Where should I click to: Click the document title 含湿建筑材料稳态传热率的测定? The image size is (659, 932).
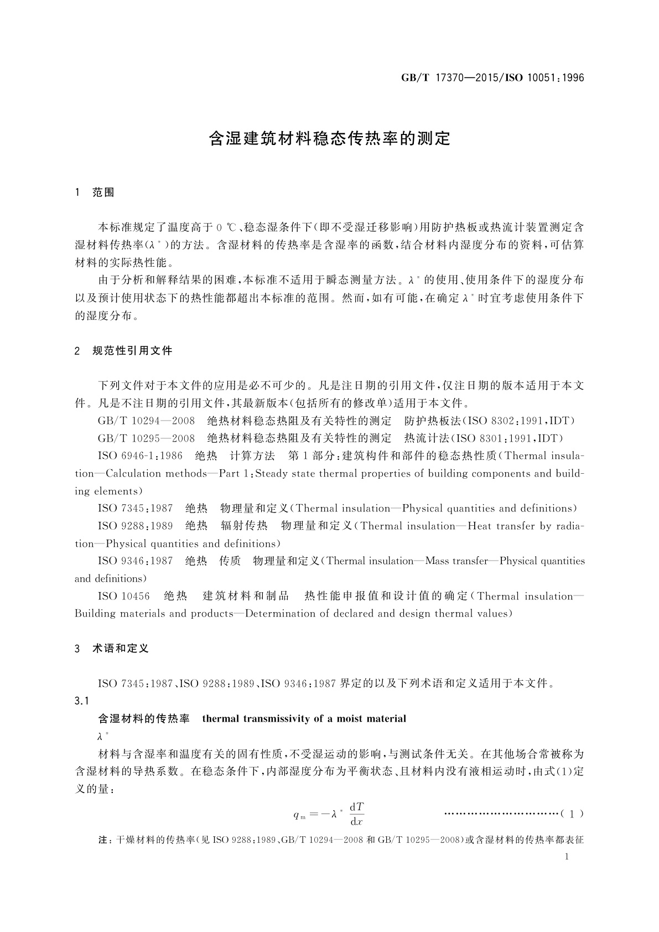[329, 138]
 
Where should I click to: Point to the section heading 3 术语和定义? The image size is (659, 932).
[112, 649]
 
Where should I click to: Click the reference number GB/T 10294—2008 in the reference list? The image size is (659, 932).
[146, 421]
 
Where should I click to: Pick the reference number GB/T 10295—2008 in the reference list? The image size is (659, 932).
[146, 439]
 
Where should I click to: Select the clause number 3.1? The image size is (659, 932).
[82, 701]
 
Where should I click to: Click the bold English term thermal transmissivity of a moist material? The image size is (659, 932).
[304, 719]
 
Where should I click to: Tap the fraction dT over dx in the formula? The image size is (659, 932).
[356, 814]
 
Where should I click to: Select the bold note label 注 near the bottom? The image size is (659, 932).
[102, 840]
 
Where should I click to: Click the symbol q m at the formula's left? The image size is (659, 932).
[299, 815]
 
